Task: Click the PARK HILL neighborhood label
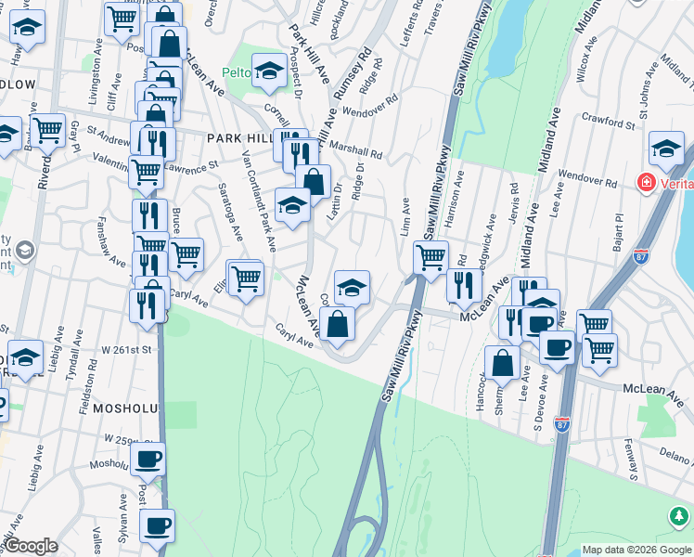pyautogui.click(x=240, y=137)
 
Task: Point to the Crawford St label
pyautogui.click(x=608, y=120)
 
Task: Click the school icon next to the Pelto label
pyautogui.click(x=269, y=70)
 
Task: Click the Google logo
pyautogui.click(x=32, y=547)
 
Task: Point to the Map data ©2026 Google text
pyautogui.click(x=636, y=550)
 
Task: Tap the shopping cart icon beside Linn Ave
pyautogui.click(x=430, y=256)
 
